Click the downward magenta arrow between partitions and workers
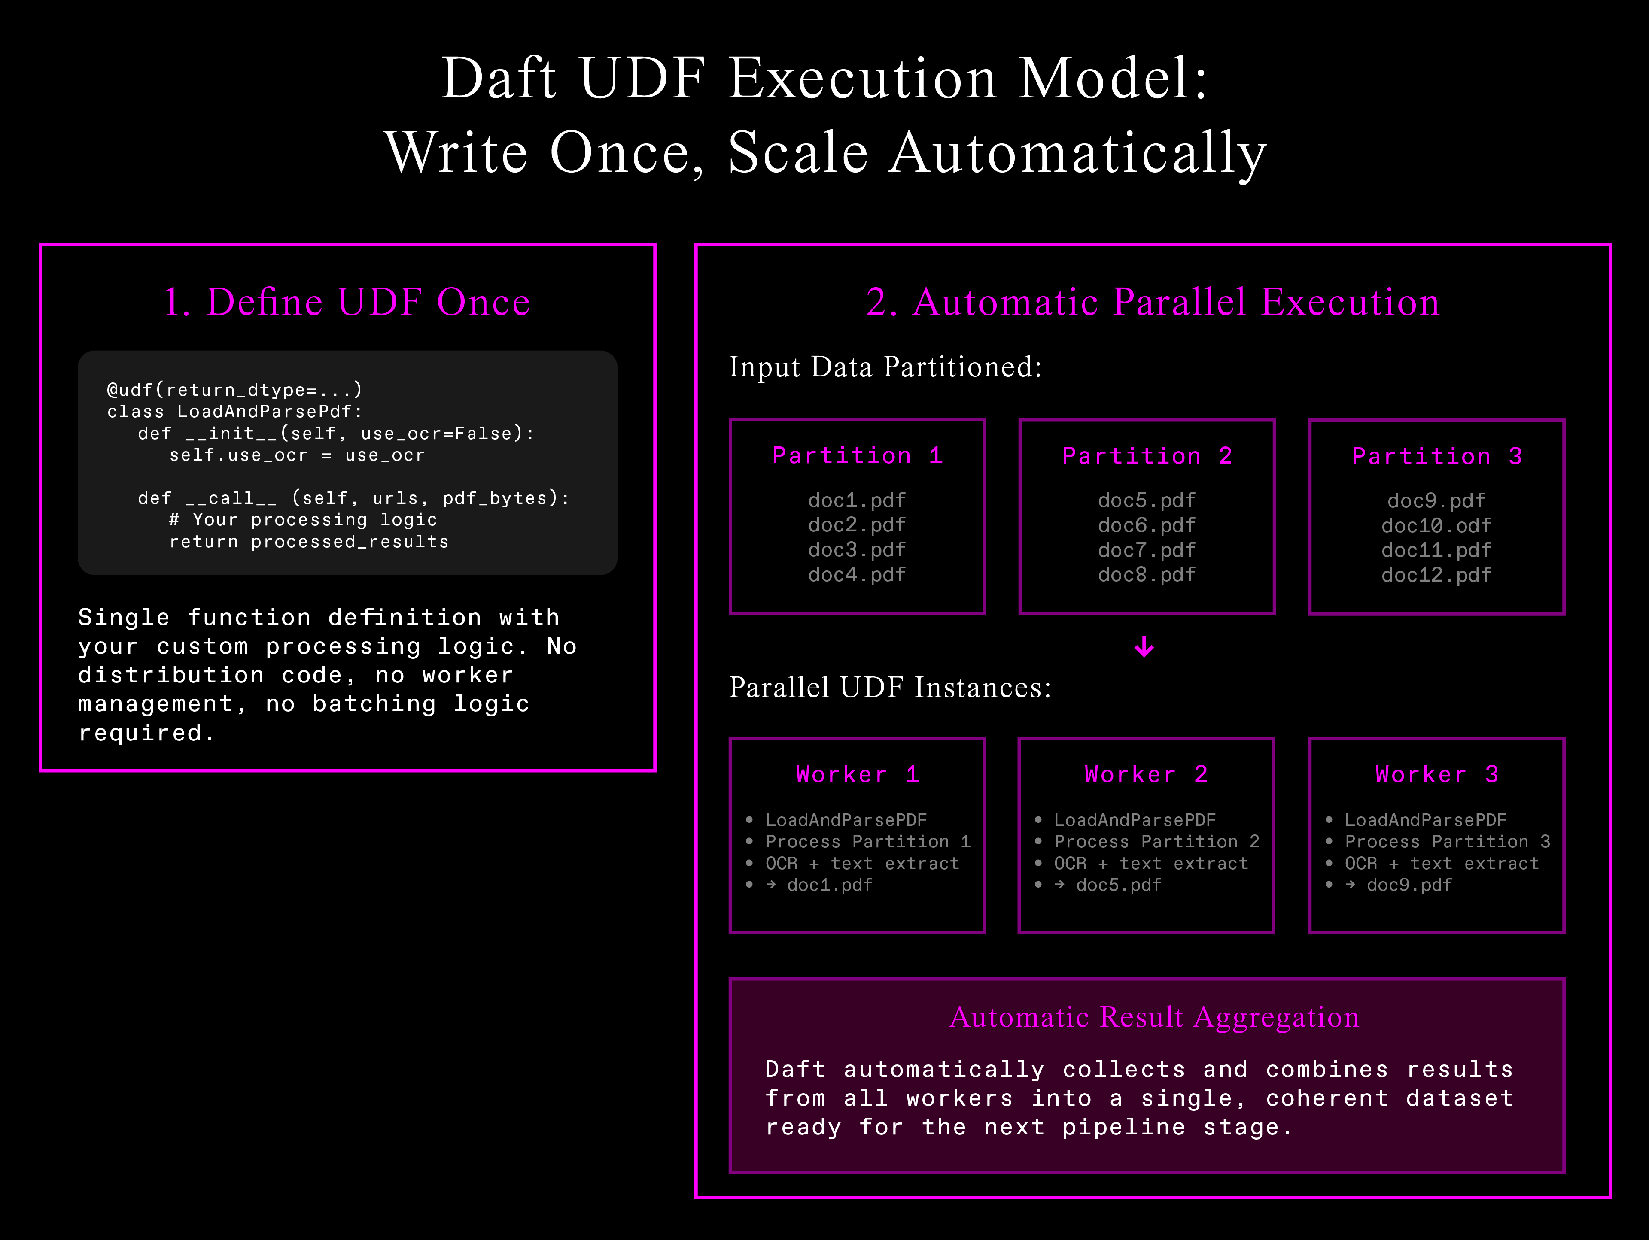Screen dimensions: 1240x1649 [x=1144, y=647]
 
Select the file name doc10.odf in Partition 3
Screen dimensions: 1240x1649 [x=1436, y=525]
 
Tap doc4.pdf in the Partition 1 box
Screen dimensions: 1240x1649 [x=857, y=575]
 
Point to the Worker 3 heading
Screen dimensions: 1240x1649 [x=1436, y=774]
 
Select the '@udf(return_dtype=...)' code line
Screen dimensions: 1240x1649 [x=234, y=390]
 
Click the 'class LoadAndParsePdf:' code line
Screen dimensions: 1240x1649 [x=234, y=411]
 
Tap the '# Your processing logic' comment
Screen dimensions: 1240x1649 [x=303, y=519]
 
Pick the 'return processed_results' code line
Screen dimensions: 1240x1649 [x=309, y=542]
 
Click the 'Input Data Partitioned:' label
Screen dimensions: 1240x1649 [x=885, y=367]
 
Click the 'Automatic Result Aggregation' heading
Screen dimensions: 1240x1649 [x=1154, y=1017]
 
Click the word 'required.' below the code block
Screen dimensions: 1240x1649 [x=146, y=733]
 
